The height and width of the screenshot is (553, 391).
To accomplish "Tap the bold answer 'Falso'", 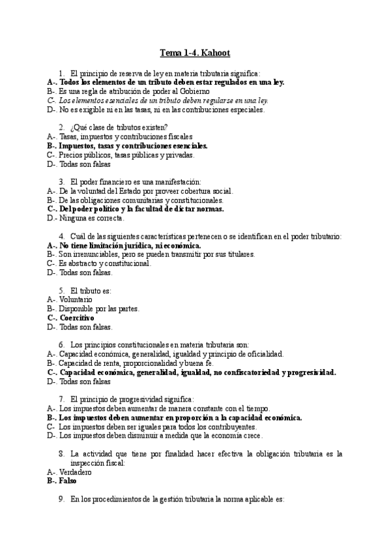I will coord(67,481).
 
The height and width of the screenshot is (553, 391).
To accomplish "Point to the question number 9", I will coord(61,499).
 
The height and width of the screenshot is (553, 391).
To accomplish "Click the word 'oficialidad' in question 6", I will coord(264,354).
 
